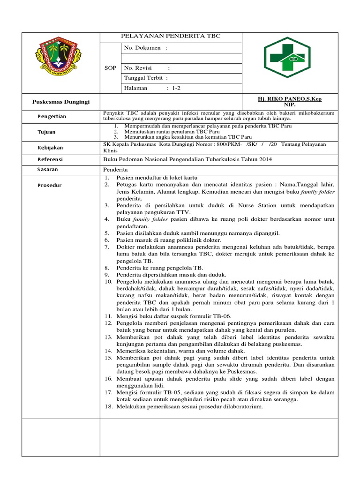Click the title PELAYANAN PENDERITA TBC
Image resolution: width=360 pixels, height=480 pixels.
coord(171,36)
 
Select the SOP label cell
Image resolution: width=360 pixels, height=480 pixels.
coord(110,68)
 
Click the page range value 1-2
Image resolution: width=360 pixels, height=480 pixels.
coord(176,88)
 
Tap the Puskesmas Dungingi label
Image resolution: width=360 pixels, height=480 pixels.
coord(60,102)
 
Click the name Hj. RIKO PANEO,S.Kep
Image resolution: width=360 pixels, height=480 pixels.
coord(290,99)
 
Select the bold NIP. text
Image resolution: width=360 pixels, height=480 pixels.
coord(290,105)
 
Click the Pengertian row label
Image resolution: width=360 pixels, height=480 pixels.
coord(52,116)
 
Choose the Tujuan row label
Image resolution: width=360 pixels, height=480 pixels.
coord(47,132)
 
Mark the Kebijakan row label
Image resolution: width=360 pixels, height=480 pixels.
coord(50,148)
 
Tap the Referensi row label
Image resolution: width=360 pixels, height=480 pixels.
coord(51,159)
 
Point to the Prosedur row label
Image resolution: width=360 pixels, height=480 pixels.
coord(49,185)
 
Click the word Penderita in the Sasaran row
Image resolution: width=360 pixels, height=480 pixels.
coord(115,169)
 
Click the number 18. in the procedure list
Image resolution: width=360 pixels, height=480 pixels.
coord(108,406)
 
